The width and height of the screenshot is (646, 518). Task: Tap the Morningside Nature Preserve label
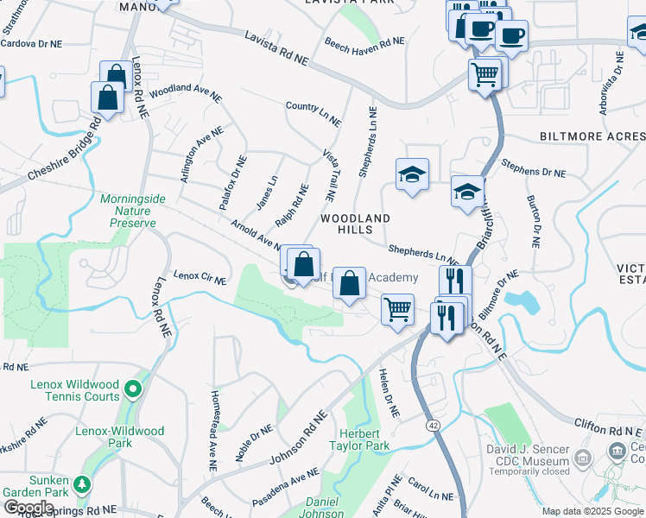click(132, 211)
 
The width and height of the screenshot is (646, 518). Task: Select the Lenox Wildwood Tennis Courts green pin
click(132, 389)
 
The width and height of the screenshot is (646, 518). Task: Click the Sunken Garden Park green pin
click(82, 483)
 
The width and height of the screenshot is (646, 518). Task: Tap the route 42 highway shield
click(434, 425)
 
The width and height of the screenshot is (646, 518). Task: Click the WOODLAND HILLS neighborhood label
click(356, 224)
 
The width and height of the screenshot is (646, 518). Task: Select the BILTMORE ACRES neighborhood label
click(592, 136)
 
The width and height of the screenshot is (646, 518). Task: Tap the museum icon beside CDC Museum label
click(584, 455)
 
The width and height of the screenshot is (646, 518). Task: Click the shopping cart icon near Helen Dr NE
click(396, 308)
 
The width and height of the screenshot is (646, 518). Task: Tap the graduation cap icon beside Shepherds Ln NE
click(412, 175)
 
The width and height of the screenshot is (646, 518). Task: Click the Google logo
click(28, 508)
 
